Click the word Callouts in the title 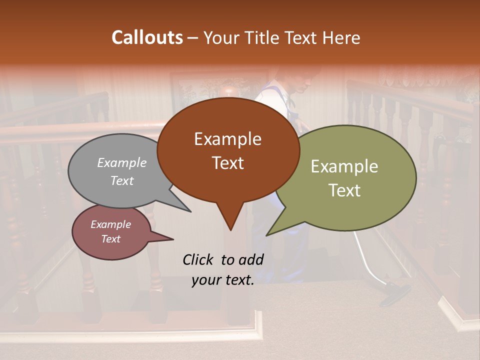click(x=147, y=37)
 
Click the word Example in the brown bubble click(x=227, y=139)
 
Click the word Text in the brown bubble click(x=227, y=163)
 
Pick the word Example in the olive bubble click(x=344, y=166)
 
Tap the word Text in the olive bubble click(x=344, y=190)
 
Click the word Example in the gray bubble click(x=121, y=163)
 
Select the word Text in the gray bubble click(x=121, y=181)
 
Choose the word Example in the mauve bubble click(x=110, y=225)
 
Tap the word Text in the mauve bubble click(x=110, y=239)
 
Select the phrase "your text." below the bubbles click(x=222, y=280)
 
